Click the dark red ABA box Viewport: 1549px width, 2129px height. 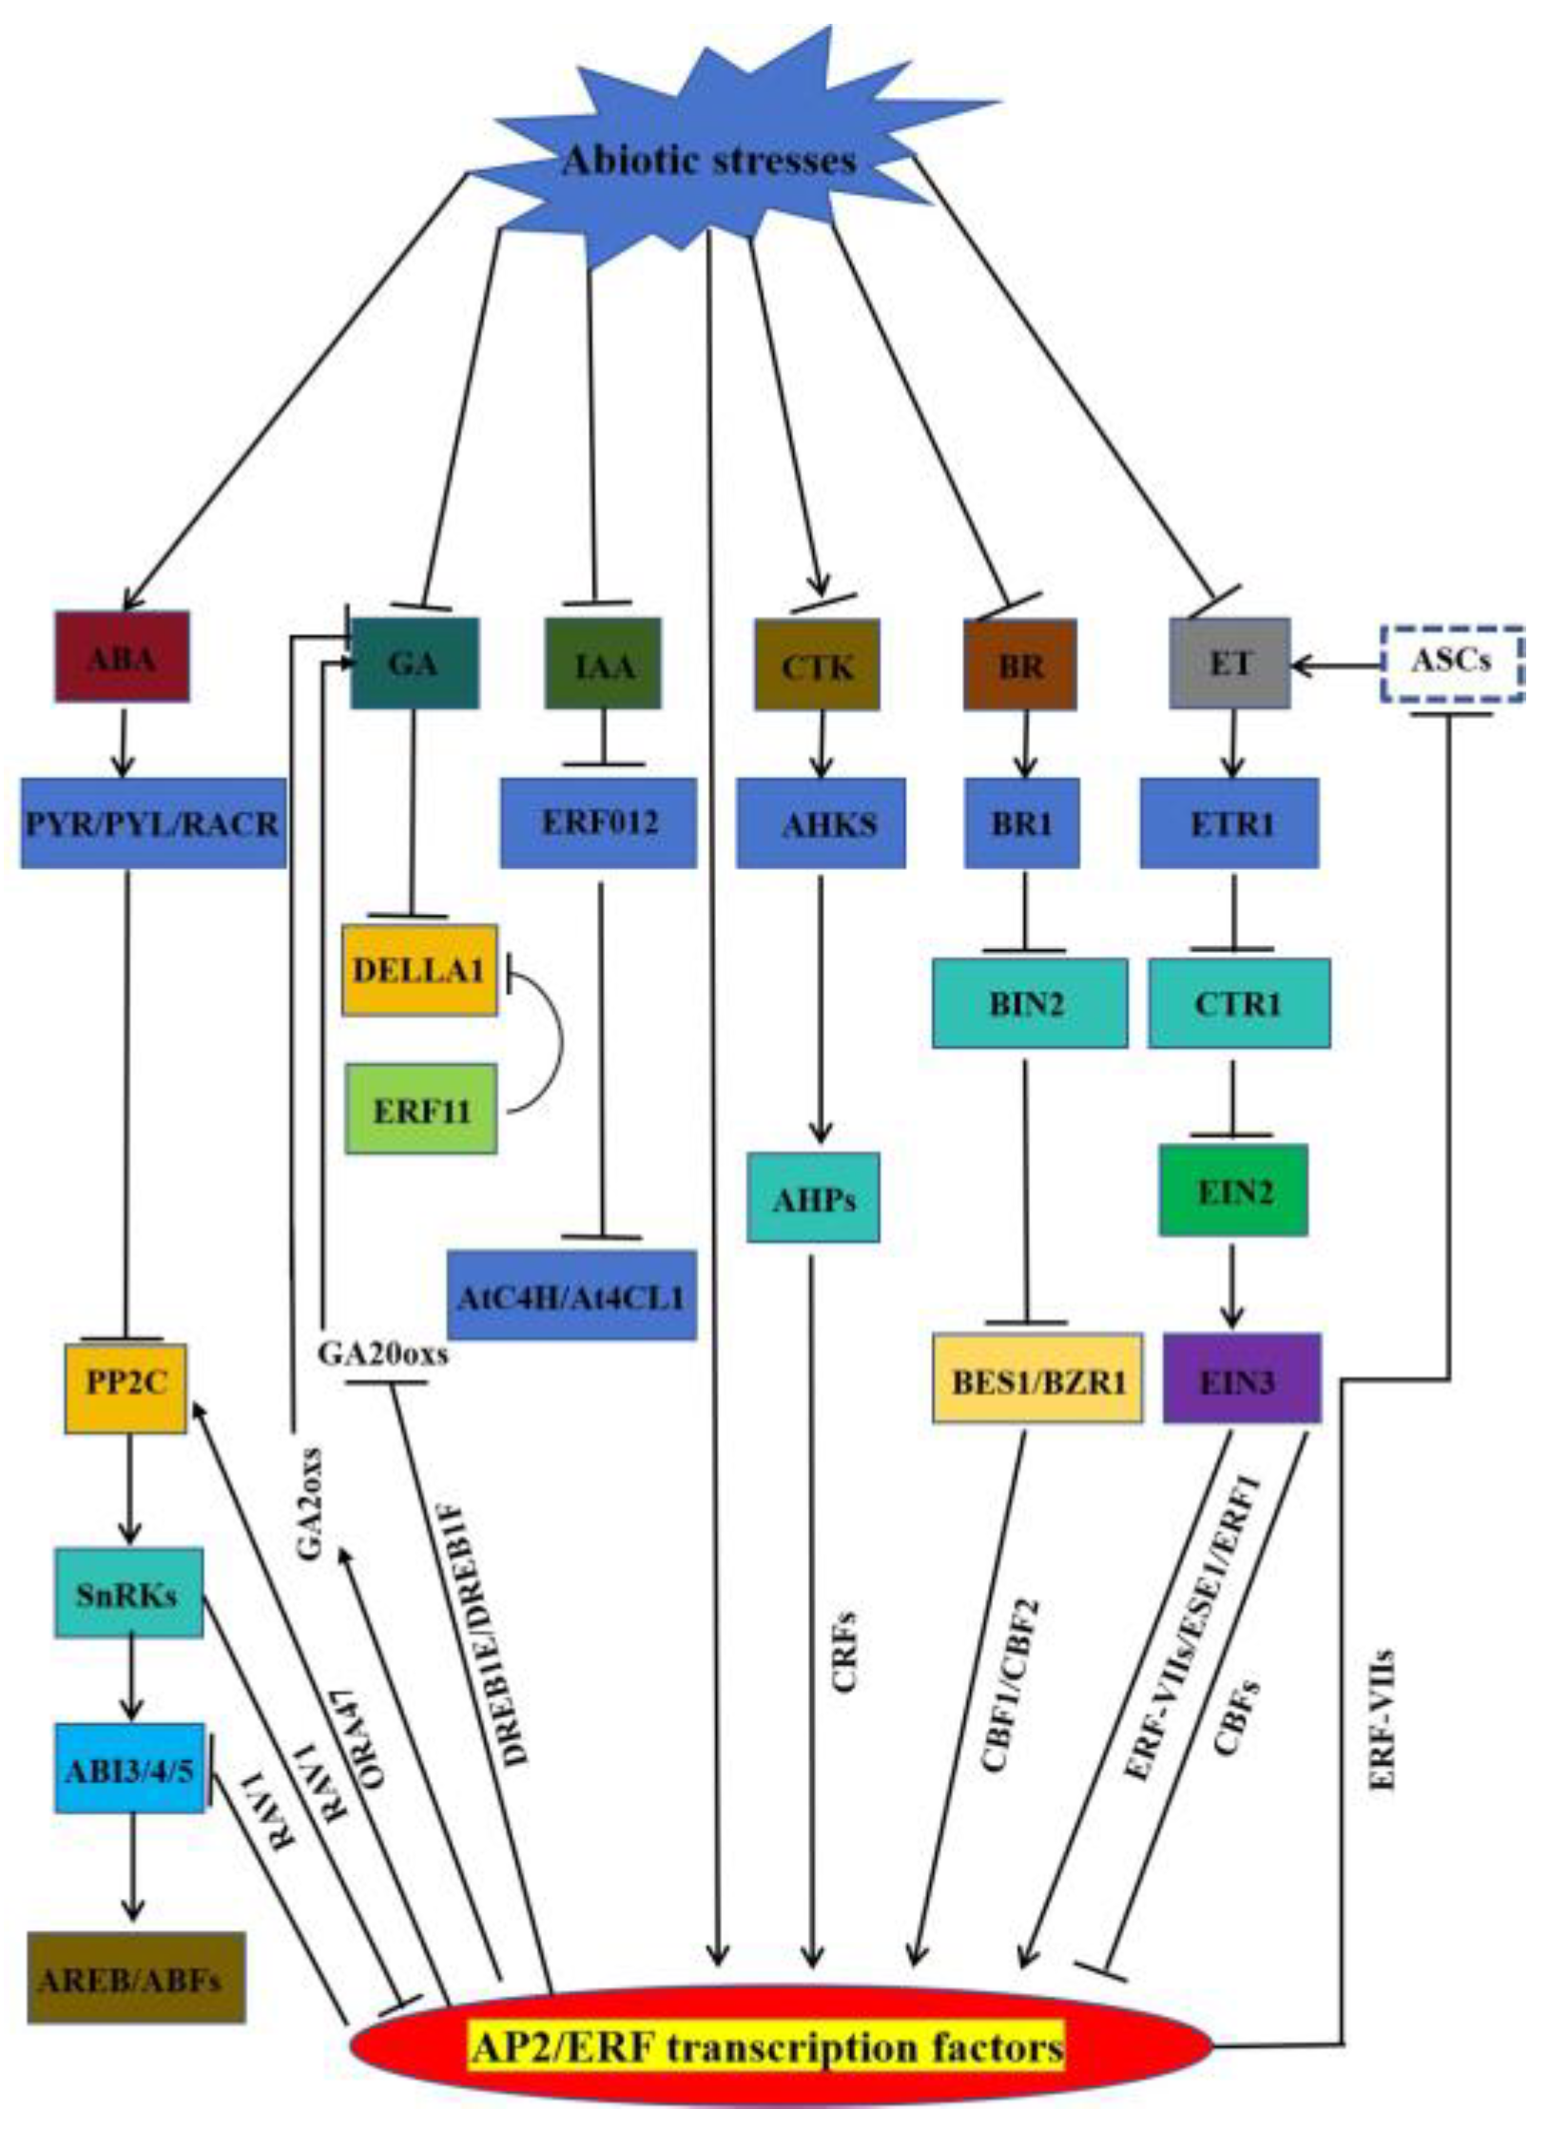[122, 657]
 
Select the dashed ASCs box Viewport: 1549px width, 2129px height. [1451, 663]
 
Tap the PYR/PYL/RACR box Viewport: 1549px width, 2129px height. [153, 823]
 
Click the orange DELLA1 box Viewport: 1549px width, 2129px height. [419, 970]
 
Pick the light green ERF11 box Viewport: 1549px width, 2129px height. [420, 1110]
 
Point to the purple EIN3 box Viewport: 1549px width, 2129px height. [1241, 1379]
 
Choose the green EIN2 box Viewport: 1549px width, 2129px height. [1233, 1190]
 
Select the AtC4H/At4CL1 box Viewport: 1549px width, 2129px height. [571, 1296]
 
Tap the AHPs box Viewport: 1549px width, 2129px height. [813, 1198]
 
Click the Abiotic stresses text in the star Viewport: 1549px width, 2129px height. [708, 160]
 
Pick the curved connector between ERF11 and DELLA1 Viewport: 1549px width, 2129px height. [556, 1040]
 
